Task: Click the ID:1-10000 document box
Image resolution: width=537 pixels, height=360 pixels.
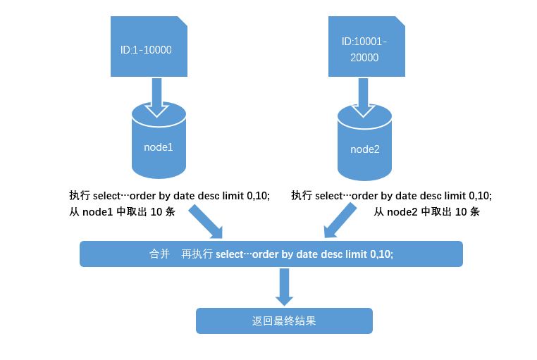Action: (149, 46)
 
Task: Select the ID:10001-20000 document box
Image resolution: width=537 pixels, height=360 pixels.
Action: (366, 46)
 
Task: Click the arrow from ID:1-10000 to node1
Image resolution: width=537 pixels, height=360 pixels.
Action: (157, 97)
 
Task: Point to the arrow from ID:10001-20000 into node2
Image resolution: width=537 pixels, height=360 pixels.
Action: (363, 97)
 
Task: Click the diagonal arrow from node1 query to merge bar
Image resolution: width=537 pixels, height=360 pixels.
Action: (206, 221)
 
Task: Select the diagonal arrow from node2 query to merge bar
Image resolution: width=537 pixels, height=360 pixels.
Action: (340, 221)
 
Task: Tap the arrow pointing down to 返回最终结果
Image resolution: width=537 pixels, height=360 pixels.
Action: (284, 287)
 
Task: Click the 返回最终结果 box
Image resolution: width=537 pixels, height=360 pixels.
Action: (284, 321)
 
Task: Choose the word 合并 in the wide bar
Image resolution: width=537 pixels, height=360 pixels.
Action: (159, 254)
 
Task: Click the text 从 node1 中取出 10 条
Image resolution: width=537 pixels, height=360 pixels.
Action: (122, 212)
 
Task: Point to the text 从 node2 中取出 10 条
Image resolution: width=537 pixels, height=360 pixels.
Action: (427, 212)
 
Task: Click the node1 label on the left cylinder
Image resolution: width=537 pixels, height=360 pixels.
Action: (159, 147)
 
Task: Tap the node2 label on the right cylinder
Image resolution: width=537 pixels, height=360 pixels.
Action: (365, 149)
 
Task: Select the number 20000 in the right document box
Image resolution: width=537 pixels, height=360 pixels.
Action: (364, 58)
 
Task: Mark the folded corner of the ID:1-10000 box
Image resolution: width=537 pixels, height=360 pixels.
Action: (183, 21)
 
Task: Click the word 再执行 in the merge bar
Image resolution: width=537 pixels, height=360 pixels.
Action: (197, 254)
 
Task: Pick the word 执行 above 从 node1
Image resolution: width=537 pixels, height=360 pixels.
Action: (80, 195)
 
